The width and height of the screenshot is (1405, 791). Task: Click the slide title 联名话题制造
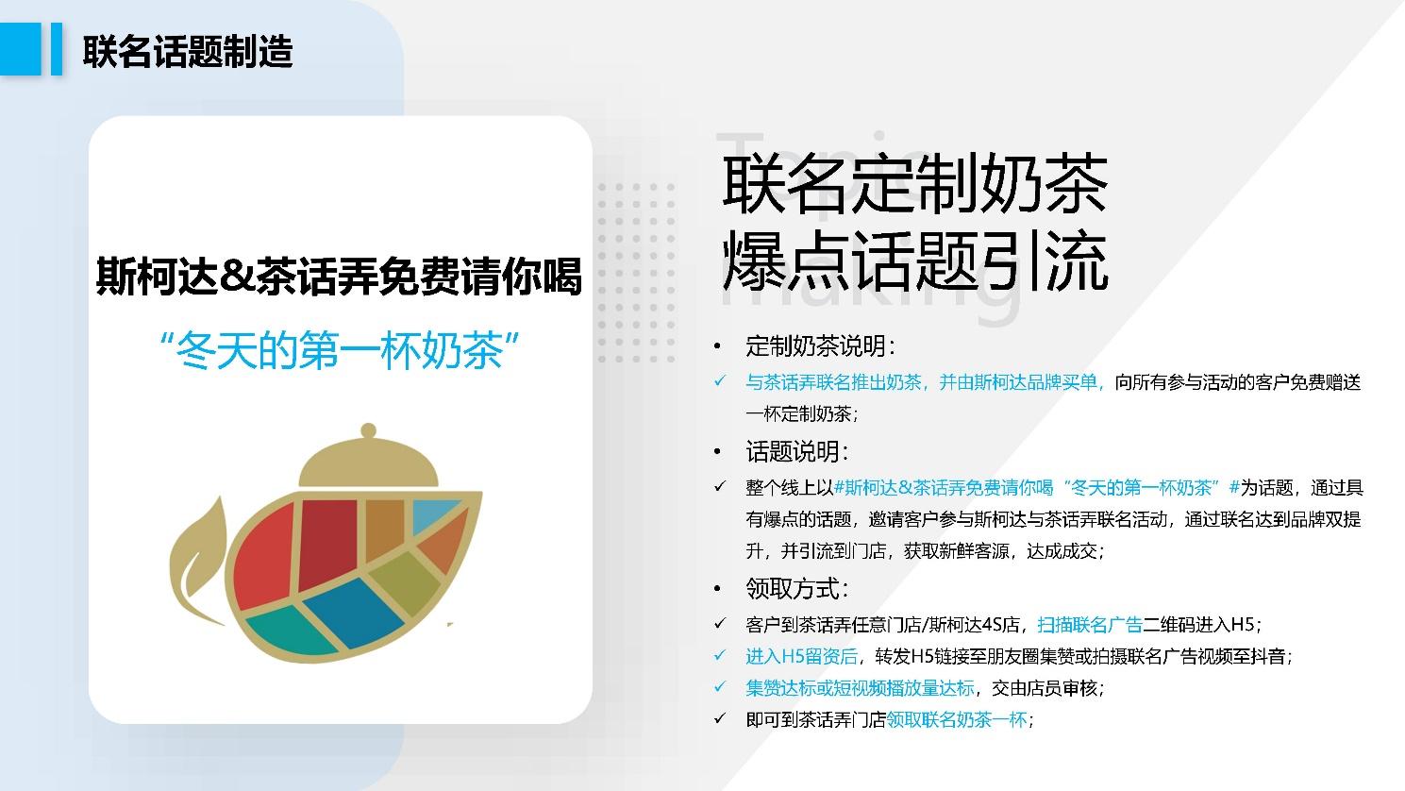pyautogui.click(x=188, y=51)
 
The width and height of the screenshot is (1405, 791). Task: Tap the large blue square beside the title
pyautogui.click(x=20, y=49)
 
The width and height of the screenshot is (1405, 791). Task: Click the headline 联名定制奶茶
pyautogui.click(x=915, y=185)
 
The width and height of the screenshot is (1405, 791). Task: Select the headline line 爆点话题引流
pyautogui.click(x=915, y=261)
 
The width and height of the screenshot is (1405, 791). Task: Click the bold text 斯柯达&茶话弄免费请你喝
pyautogui.click(x=339, y=276)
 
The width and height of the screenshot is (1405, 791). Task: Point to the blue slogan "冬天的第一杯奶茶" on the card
pyautogui.click(x=340, y=349)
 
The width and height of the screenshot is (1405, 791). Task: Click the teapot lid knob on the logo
pyautogui.click(x=368, y=430)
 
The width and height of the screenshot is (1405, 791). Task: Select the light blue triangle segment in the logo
pyautogui.click(x=433, y=514)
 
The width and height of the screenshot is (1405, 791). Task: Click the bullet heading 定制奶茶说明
pyautogui.click(x=819, y=346)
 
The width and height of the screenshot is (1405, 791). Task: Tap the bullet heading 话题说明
pyautogui.click(x=796, y=451)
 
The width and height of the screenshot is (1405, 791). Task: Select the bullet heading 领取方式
pyautogui.click(x=796, y=588)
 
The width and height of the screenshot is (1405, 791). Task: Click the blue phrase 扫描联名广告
pyautogui.click(x=1090, y=625)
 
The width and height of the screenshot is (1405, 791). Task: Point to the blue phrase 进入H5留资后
pyautogui.click(x=801, y=656)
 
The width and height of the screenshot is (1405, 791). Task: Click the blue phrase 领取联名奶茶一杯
pyautogui.click(x=957, y=719)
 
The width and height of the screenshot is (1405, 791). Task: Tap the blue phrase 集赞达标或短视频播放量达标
pyautogui.click(x=860, y=688)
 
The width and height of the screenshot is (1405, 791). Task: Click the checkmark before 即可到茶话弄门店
pyautogui.click(x=720, y=718)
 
